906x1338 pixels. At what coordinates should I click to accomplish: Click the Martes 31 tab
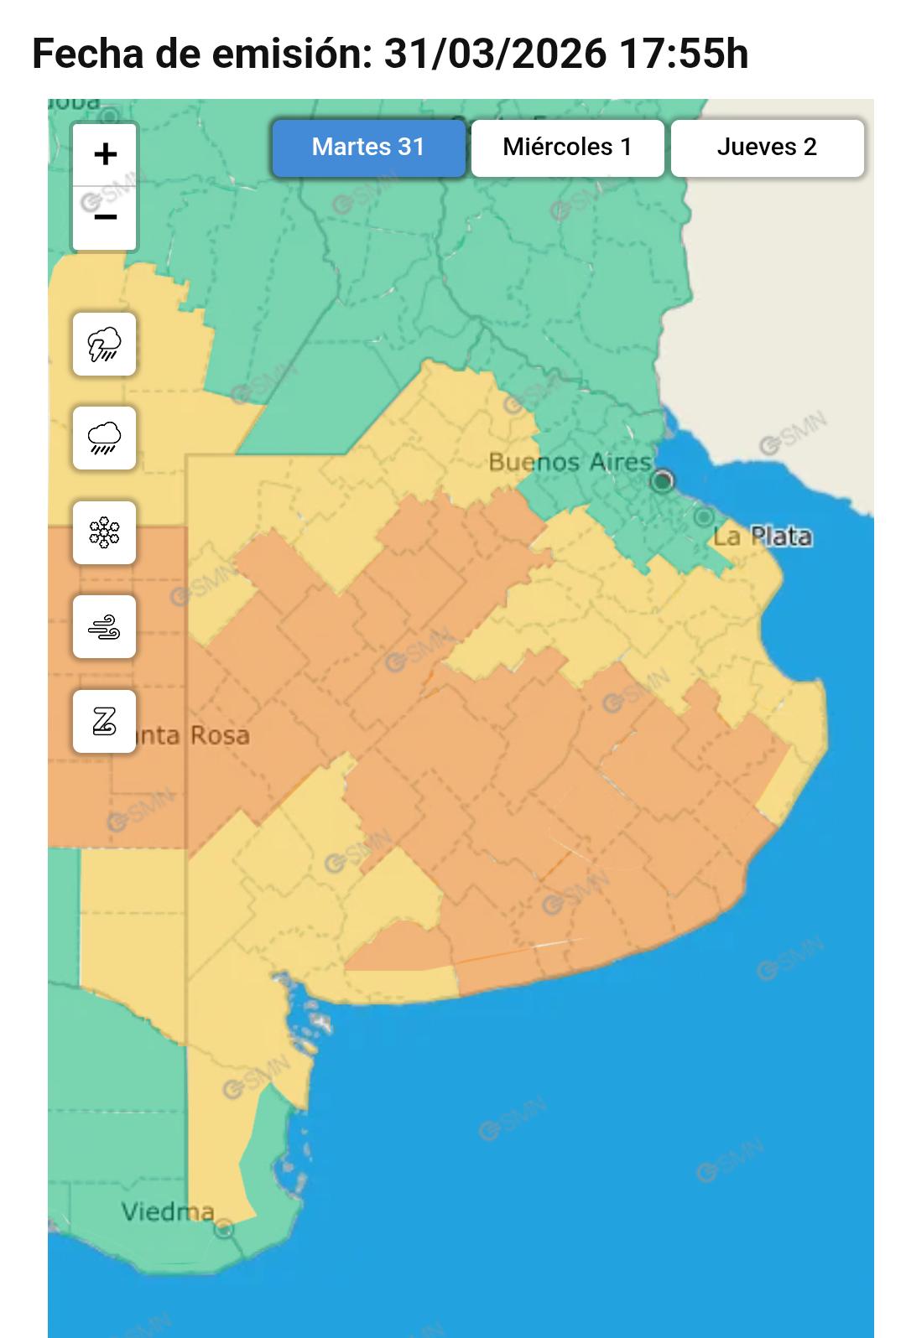[368, 148]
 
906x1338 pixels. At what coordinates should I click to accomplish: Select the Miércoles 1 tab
[567, 148]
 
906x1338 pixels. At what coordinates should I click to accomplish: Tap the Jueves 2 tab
[767, 148]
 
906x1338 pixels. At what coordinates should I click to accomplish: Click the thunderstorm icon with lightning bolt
[104, 344]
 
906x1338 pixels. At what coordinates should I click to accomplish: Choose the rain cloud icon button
[104, 438]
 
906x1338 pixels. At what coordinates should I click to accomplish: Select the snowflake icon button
[104, 532]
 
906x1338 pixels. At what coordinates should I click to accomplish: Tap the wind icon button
[104, 626]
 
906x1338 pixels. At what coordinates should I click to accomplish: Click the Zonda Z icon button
[104, 721]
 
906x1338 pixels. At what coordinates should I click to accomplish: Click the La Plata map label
[763, 537]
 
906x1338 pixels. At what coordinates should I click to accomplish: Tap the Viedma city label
[167, 1211]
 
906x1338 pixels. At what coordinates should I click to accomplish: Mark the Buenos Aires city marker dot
[663, 480]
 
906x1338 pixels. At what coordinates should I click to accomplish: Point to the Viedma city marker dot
[223, 1229]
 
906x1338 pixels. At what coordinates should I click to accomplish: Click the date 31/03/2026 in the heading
[494, 54]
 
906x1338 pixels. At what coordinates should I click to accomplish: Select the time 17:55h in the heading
[683, 54]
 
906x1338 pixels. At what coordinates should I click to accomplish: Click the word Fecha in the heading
[87, 54]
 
